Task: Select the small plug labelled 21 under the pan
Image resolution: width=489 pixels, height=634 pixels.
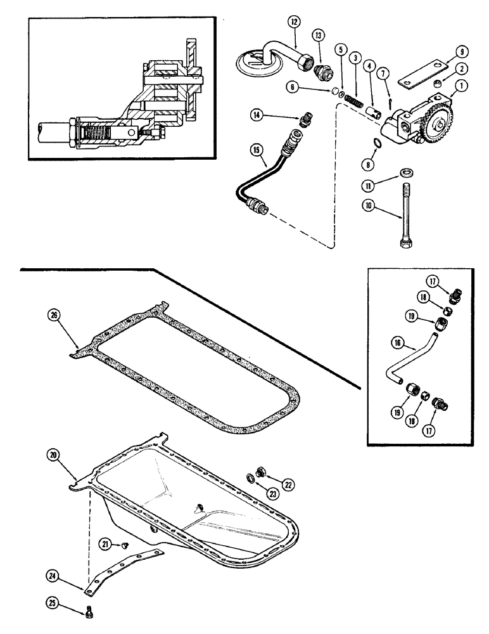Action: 126,544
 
